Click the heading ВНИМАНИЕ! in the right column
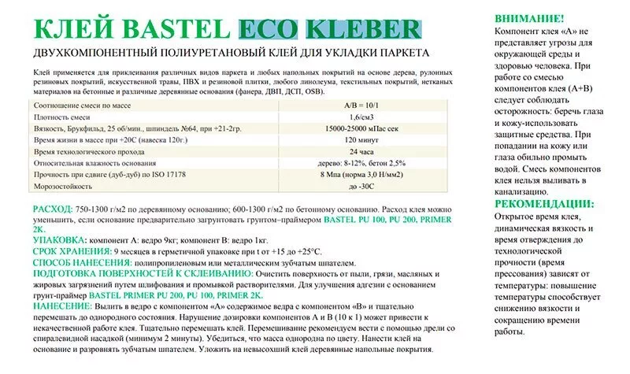(529, 17)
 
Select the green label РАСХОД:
(53, 207)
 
